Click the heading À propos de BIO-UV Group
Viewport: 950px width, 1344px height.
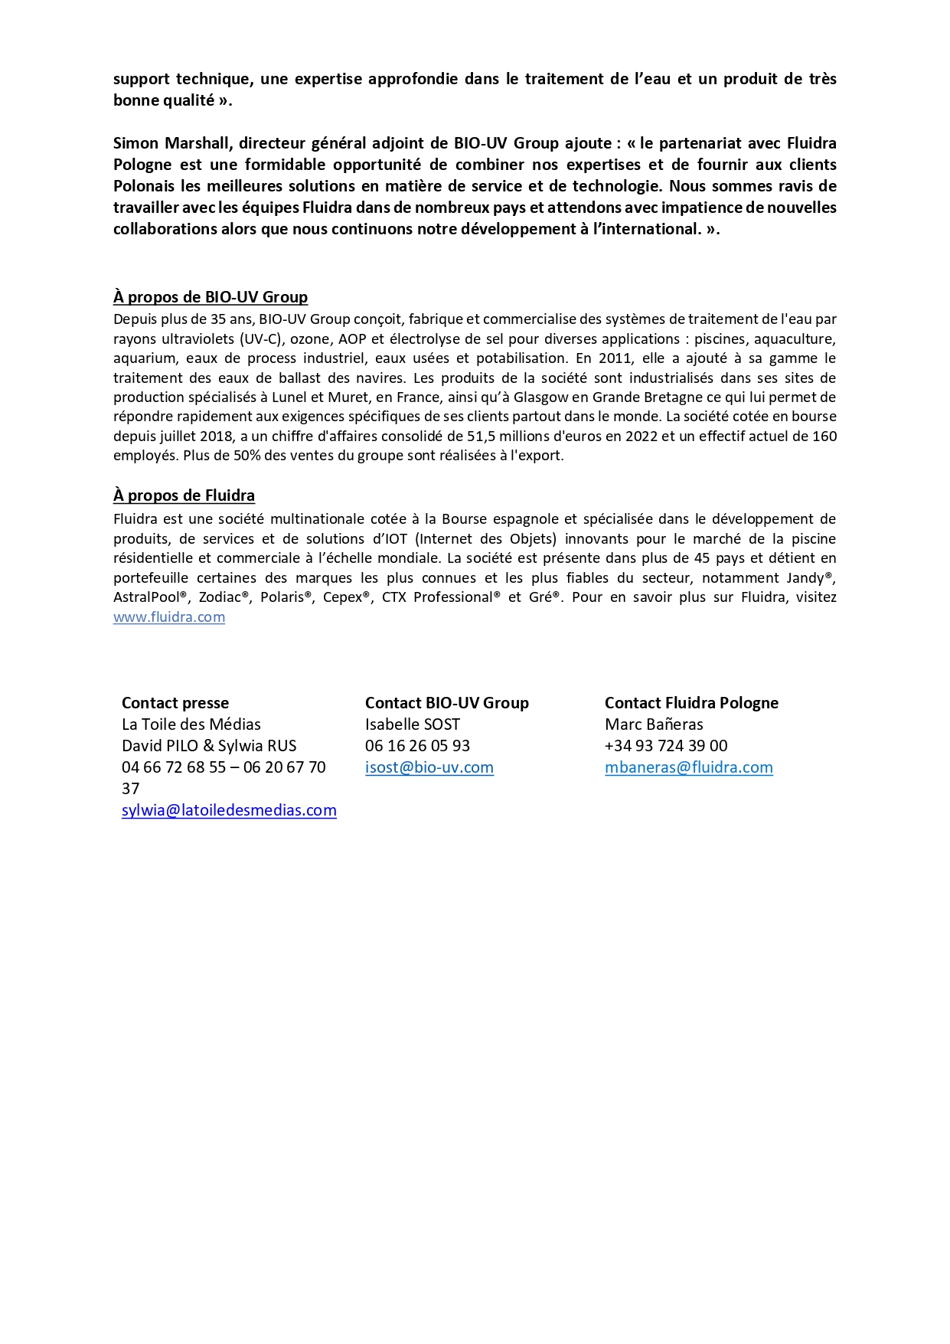[x=211, y=297]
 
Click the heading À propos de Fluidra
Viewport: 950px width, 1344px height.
[x=184, y=495]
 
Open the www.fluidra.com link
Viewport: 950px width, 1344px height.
[x=169, y=617]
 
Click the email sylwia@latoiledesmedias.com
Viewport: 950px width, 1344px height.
[x=229, y=810]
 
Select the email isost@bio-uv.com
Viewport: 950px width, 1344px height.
[x=429, y=767]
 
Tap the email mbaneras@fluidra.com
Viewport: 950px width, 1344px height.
[x=689, y=767]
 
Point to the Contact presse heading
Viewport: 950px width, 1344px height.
[x=175, y=703]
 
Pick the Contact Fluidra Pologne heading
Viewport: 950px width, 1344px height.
[x=691, y=703]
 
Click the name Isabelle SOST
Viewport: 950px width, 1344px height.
[x=413, y=724]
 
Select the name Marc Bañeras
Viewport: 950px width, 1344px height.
[x=654, y=724]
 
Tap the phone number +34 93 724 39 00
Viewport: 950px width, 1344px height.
[x=666, y=746]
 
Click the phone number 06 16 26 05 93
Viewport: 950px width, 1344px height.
[x=417, y=746]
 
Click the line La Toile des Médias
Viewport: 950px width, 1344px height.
[x=191, y=724]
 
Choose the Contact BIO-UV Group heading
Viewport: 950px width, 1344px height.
[x=447, y=703]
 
